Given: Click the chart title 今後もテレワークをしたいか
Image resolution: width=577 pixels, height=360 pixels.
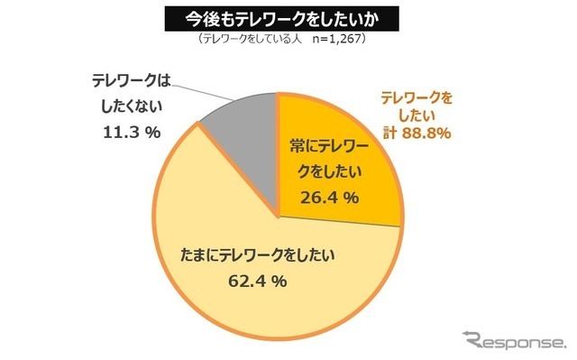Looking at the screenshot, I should pyautogui.click(x=288, y=19).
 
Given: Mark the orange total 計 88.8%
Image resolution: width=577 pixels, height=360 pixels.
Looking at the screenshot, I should pyautogui.click(x=416, y=134).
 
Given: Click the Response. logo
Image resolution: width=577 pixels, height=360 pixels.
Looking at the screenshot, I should pyautogui.click(x=513, y=341).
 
